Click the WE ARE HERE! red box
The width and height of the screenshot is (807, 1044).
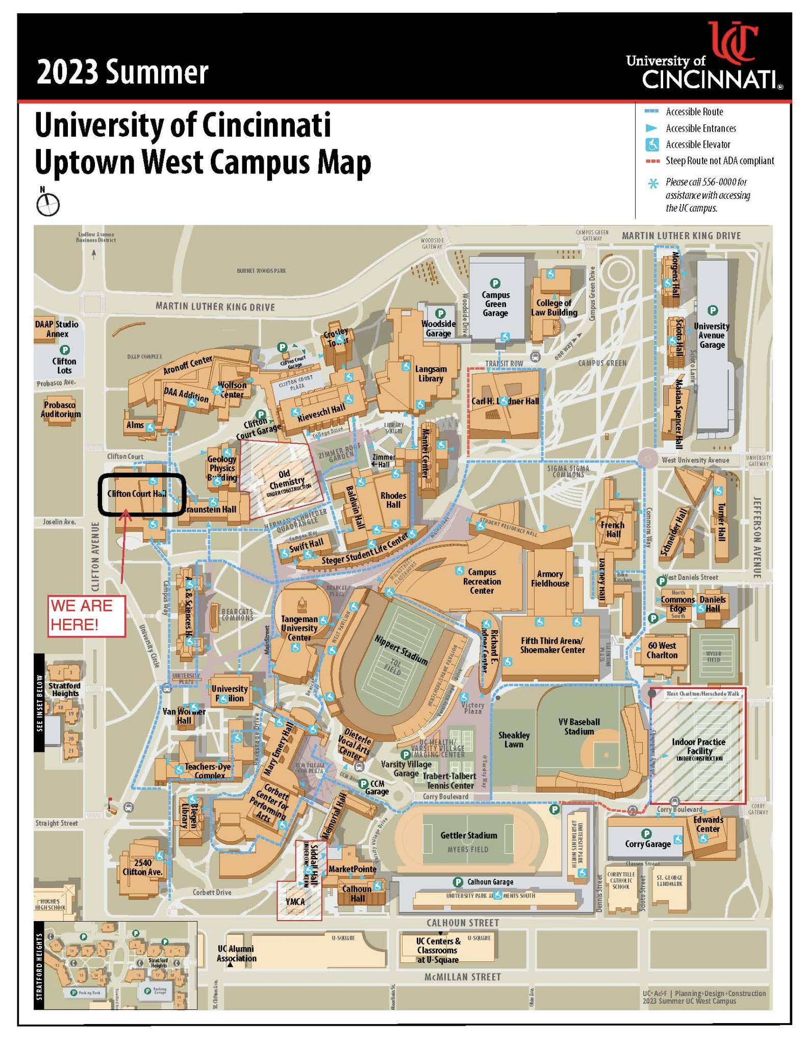(x=87, y=616)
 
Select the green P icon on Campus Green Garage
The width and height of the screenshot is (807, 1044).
(x=494, y=283)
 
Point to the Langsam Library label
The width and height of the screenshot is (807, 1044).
(x=431, y=373)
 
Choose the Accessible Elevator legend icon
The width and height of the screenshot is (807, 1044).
(x=652, y=145)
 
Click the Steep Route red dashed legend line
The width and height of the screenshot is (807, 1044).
(x=652, y=161)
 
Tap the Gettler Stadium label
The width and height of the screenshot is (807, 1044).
(x=468, y=835)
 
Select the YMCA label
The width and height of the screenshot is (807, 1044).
(x=295, y=902)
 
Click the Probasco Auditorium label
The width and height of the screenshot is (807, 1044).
(x=61, y=410)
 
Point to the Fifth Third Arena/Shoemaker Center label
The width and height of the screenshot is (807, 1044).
(x=552, y=645)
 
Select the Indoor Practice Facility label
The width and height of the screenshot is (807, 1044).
(x=699, y=746)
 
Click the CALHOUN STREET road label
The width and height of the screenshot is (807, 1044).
(x=462, y=923)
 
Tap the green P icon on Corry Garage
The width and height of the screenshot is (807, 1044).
(x=646, y=833)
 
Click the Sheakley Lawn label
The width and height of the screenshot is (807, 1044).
(x=514, y=740)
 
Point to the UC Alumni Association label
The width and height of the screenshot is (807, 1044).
(x=236, y=953)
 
